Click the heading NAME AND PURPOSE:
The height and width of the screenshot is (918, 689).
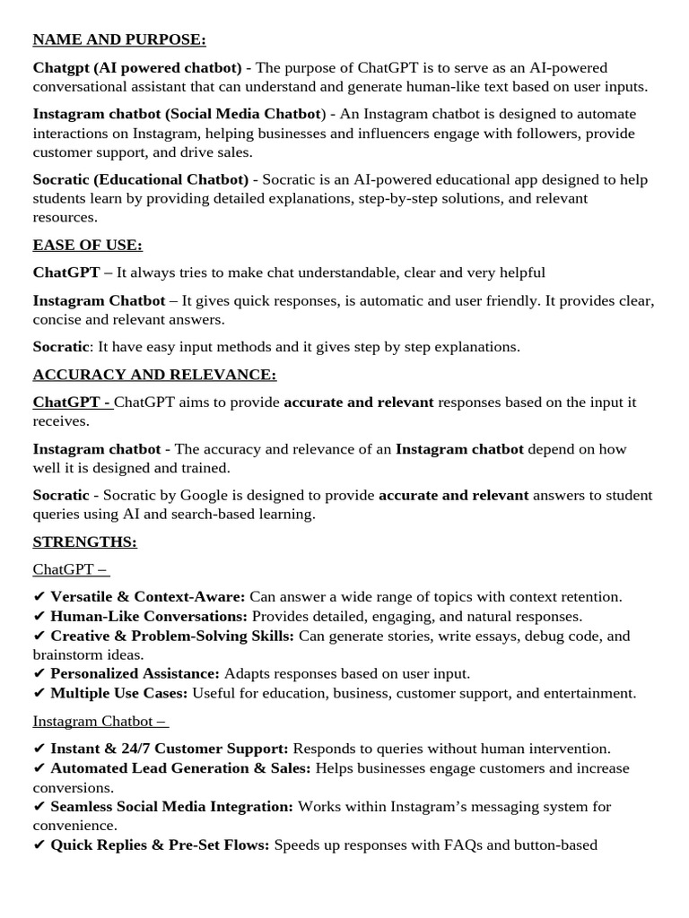point(119,40)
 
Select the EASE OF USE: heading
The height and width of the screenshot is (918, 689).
point(88,245)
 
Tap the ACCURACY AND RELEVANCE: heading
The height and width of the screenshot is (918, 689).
point(154,375)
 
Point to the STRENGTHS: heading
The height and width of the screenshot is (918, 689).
point(84,542)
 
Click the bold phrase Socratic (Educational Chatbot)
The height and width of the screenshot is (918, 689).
point(141,179)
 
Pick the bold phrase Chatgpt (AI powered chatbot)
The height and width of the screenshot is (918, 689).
point(137,68)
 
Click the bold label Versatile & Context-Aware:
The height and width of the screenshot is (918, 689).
point(148,597)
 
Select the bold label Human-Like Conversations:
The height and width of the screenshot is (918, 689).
point(149,617)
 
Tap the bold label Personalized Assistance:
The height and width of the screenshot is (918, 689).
point(135,673)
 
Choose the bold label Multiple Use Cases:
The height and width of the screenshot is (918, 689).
point(119,693)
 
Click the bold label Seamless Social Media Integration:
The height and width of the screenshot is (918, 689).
point(171,807)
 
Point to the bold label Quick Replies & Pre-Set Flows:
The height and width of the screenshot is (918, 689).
point(160,844)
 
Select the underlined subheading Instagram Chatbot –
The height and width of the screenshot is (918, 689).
point(100,721)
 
